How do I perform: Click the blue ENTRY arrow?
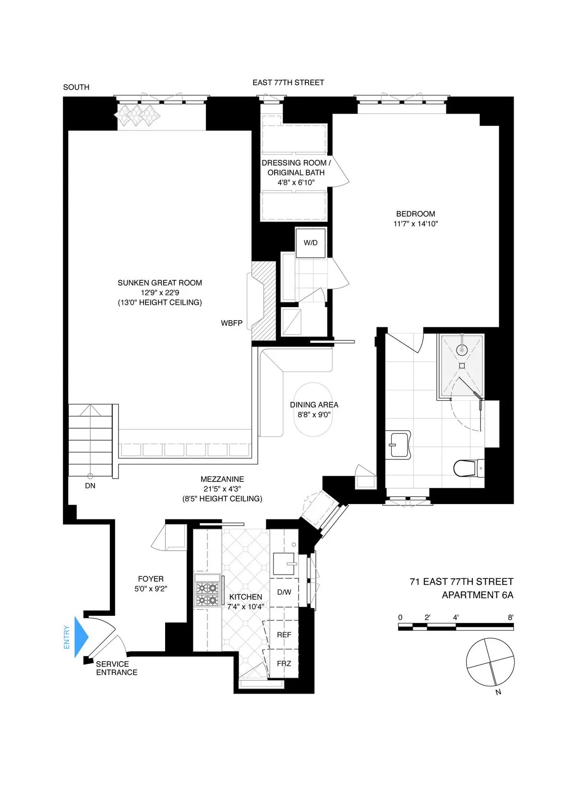[81, 637]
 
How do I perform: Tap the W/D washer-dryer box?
[311, 243]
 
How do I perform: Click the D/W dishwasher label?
[284, 592]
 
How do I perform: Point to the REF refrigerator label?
[284, 635]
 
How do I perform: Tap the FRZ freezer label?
[284, 663]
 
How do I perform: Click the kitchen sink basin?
[283, 564]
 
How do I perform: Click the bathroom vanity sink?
[399, 445]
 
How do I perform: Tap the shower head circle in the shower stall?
[462, 350]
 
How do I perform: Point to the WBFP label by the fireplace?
[232, 323]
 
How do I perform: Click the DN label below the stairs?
[90, 486]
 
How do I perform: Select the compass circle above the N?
[490, 662]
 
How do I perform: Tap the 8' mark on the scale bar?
[511, 618]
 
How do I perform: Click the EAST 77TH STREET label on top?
[288, 83]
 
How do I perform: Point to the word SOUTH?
[76, 87]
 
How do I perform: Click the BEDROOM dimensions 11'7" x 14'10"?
[416, 224]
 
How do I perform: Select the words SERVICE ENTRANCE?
[116, 668]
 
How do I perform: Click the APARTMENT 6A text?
[477, 595]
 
